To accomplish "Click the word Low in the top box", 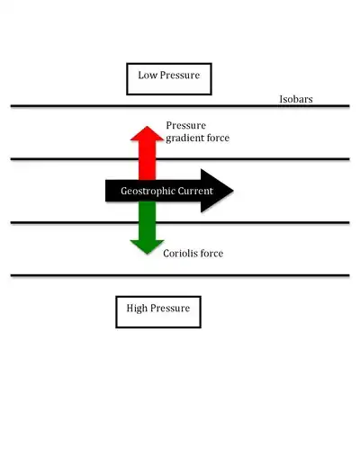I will pos(148,76).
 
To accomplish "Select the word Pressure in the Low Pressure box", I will pos(180,76).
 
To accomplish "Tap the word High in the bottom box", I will pos(138,309).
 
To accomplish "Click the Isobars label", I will pos(296,99).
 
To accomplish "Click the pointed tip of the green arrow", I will pos(145,253).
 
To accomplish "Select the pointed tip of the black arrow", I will pos(233,191).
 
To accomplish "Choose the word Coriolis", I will pos(181,254).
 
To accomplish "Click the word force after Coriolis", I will pos(211,254).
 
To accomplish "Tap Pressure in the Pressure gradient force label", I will pos(186,124).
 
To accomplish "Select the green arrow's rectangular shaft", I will pos(145,223).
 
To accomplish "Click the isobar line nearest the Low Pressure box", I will pos(72,106).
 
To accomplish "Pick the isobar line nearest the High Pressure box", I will pos(72,275).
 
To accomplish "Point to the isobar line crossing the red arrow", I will pos(72,159).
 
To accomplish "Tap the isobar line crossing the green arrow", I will pos(72,221).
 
